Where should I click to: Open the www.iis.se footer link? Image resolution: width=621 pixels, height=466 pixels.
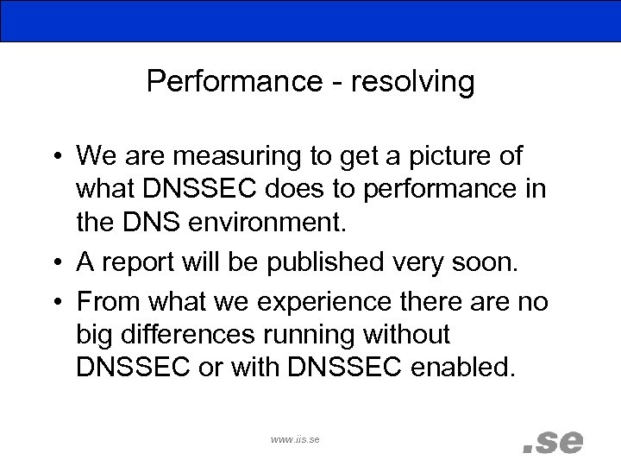click(x=295, y=439)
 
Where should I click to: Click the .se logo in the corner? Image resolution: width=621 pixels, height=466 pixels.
click(x=554, y=440)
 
